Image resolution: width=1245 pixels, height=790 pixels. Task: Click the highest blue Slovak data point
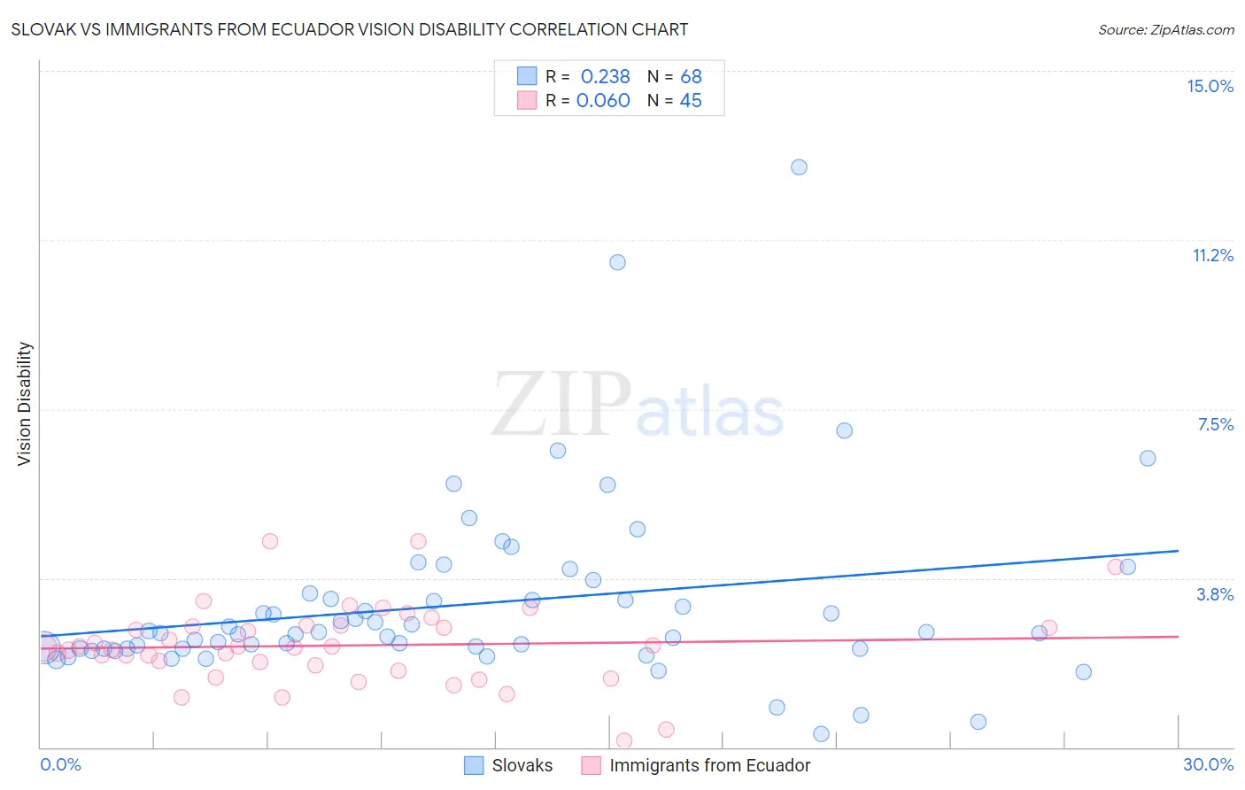[x=799, y=167]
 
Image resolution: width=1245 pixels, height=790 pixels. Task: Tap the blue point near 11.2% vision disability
[x=617, y=262]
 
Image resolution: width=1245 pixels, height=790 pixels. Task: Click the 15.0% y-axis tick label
[x=1210, y=86]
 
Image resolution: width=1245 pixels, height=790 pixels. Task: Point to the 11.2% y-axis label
[x=1212, y=255]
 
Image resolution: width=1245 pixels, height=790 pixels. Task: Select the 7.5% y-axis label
[x=1215, y=424]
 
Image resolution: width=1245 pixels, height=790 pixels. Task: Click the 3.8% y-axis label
[x=1215, y=594]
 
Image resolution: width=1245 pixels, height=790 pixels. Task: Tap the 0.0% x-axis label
[x=60, y=764]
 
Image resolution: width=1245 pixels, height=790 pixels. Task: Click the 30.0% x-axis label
[x=1208, y=764]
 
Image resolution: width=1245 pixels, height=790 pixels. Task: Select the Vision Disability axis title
[x=25, y=404]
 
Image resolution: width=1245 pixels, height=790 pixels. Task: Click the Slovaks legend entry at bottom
[x=522, y=765]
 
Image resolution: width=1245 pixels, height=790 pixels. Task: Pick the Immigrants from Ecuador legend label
[x=709, y=765]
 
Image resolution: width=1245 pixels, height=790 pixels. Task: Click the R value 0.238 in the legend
[x=605, y=76]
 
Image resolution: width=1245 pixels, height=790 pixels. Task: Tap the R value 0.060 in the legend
[x=603, y=100]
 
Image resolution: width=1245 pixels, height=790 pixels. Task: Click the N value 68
[x=691, y=76]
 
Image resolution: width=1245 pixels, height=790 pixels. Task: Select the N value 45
[x=691, y=100]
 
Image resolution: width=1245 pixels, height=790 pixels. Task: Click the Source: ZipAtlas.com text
[x=1165, y=29]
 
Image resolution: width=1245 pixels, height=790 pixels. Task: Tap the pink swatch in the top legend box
[x=527, y=100]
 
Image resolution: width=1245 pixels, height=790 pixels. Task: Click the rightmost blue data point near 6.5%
[x=1148, y=458]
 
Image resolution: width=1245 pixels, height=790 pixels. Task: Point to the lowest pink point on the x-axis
[x=623, y=740]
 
